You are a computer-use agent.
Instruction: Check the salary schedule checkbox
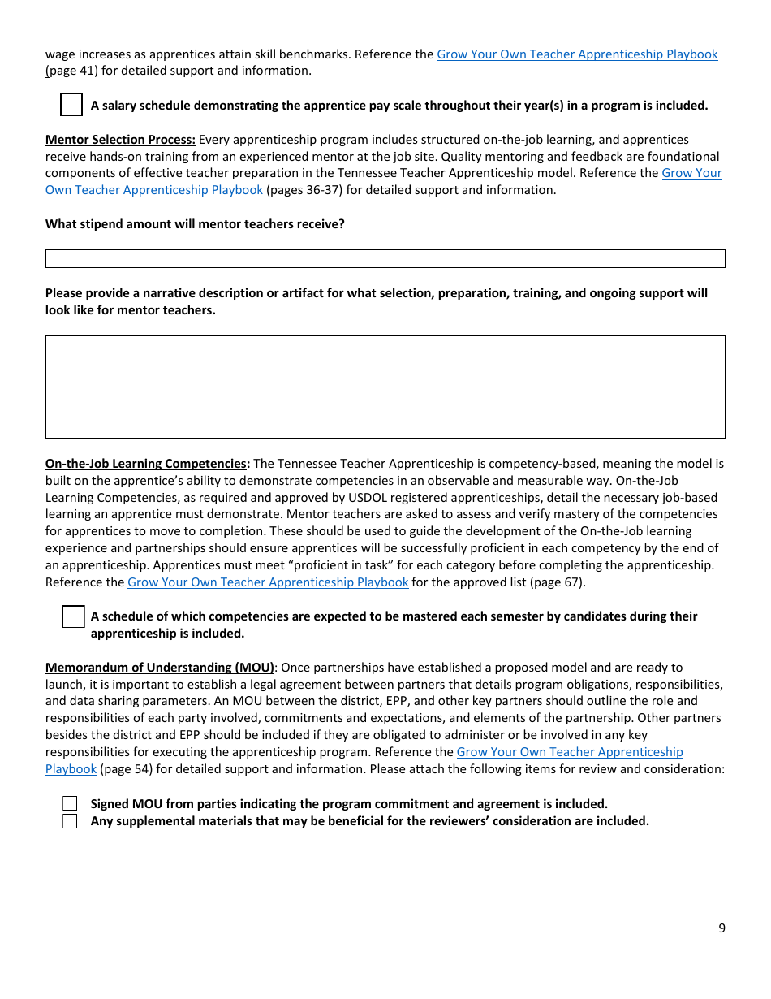coord(71,105)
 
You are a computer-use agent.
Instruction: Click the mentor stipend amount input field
coord(385,258)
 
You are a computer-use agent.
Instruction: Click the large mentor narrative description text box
coord(385,387)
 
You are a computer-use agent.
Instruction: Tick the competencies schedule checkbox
coord(73,617)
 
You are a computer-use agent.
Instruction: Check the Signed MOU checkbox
coord(71,804)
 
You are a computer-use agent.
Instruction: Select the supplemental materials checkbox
coord(71,821)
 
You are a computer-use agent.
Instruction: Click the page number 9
coord(721,928)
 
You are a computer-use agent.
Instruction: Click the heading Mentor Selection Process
coord(120,140)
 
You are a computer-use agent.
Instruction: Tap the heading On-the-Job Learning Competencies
coord(147,464)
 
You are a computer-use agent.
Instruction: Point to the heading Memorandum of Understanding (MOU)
coord(160,668)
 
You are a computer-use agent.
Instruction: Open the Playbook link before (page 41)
coord(577,54)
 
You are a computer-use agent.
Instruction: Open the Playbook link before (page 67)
coord(268,582)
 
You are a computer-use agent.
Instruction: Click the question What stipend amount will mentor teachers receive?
coord(195,224)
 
